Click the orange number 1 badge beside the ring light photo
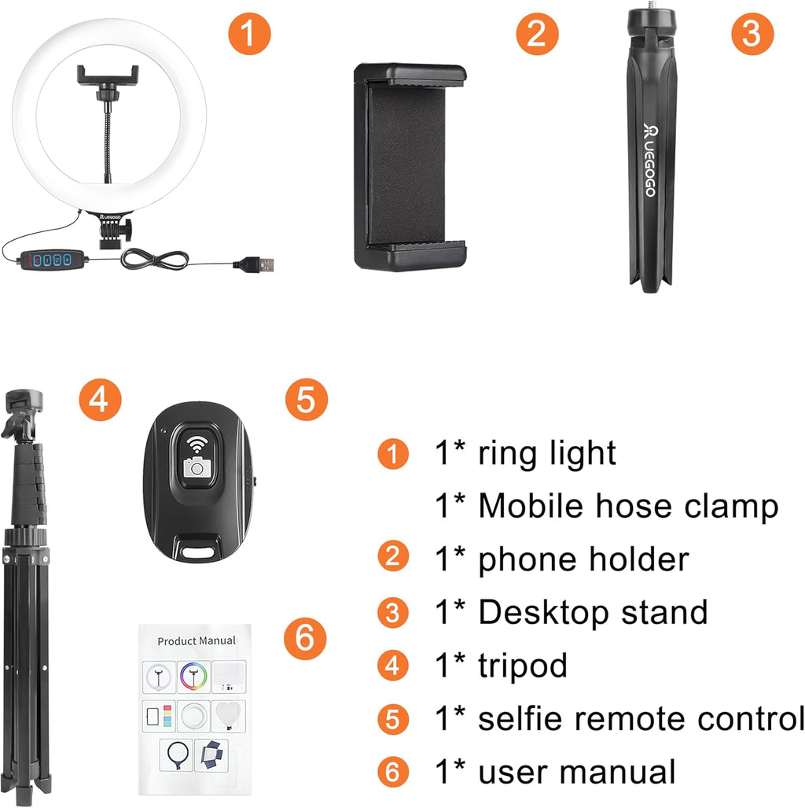pyautogui.click(x=249, y=35)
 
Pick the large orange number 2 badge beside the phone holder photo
pyautogui.click(x=537, y=35)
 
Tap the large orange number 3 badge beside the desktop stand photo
pyautogui.click(x=752, y=35)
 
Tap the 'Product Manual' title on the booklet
pyautogui.click(x=196, y=641)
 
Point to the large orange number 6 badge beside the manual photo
pyautogui.click(x=306, y=638)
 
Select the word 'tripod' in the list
pyautogui.click(x=523, y=666)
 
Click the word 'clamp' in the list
pyautogui.click(x=736, y=506)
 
